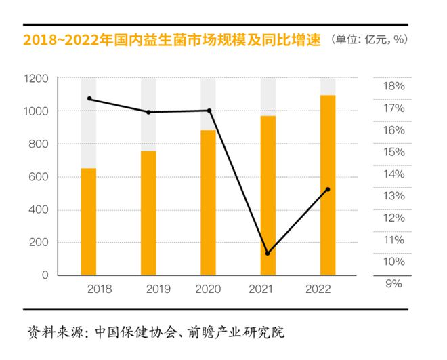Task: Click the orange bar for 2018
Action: pyautogui.click(x=89, y=222)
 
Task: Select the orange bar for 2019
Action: pyautogui.click(x=148, y=213)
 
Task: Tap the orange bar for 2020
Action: pyautogui.click(x=209, y=203)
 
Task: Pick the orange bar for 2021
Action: pyautogui.click(x=268, y=195)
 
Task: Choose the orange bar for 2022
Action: pyautogui.click(x=328, y=185)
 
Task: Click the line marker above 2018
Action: pyautogui.click(x=89, y=99)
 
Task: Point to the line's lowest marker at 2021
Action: pyautogui.click(x=268, y=254)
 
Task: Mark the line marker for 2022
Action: pyautogui.click(x=328, y=189)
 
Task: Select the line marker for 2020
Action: pyautogui.click(x=209, y=111)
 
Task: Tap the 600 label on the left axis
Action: pyautogui.click(x=39, y=177)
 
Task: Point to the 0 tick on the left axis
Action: pyautogui.click(x=45, y=275)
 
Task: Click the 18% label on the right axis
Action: pyautogui.click(x=394, y=87)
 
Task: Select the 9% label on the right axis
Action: pyautogui.click(x=394, y=283)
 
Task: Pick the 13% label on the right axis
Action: pyautogui.click(x=394, y=196)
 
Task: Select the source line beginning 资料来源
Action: pyautogui.click(x=156, y=333)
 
